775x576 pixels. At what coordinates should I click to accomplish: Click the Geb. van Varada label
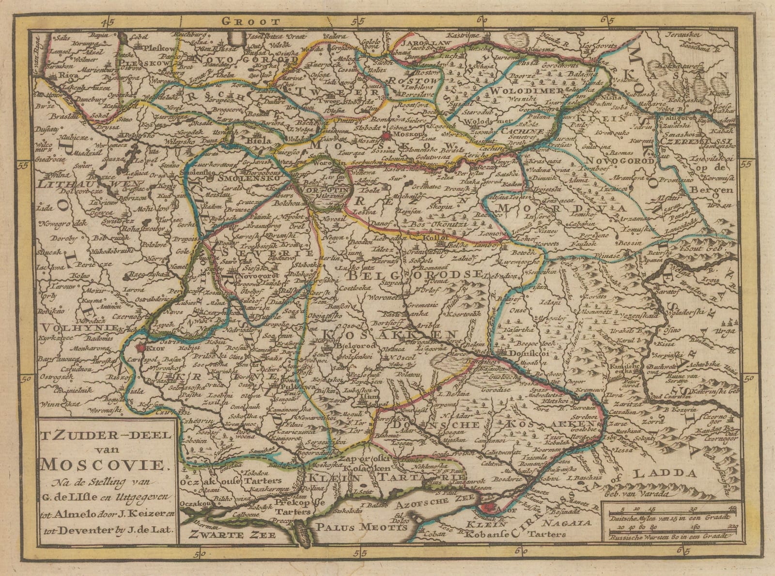[644, 494]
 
